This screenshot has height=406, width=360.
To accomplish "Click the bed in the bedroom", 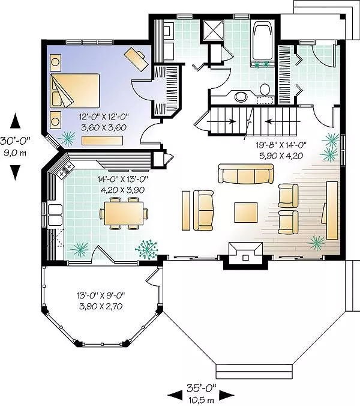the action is pos(75,91).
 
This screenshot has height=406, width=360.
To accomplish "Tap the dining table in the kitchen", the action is pos(124,213).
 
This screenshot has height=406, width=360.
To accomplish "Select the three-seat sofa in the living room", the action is pos(245,174).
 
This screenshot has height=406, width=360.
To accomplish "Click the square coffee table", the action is pos(246,213).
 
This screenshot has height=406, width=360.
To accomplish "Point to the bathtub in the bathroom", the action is pos(263,41).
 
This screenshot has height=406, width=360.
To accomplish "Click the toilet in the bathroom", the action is pos(265,90).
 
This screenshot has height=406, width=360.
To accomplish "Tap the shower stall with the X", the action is pos(212,31).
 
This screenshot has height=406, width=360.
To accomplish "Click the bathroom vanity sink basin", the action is pos(241,97).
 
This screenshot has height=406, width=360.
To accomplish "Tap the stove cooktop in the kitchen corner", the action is pos(65,170).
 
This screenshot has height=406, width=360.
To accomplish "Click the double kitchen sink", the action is pos(55,215).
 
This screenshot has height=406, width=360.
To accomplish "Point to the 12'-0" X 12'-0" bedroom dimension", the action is pos(104,117).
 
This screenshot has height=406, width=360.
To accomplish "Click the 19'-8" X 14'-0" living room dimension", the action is pos(281,145).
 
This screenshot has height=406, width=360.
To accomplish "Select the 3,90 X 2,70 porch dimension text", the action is pos(101,306).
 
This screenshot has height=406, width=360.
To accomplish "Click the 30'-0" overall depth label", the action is pos(15,141).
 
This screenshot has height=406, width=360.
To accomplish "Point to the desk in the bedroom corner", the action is pos(136,59).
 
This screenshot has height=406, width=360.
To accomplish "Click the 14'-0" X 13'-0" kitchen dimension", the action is pos(122,179).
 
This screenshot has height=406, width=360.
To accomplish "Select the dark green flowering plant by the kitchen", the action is pos(147,249).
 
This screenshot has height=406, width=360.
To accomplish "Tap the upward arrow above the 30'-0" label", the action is pos(15,121).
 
